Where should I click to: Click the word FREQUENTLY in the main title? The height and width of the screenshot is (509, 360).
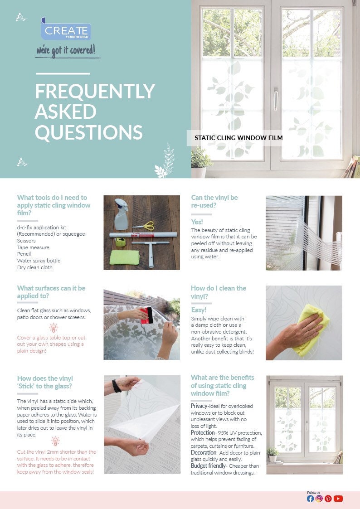click(95, 92)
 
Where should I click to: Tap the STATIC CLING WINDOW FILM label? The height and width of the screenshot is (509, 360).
click(238, 138)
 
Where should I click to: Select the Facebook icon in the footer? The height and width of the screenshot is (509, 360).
click(310, 499)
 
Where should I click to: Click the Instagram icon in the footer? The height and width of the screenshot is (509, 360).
click(319, 499)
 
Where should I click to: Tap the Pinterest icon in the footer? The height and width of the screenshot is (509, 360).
click(328, 499)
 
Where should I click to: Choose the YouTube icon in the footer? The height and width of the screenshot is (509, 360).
click(338, 499)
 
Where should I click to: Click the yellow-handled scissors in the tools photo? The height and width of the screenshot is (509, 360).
click(144, 225)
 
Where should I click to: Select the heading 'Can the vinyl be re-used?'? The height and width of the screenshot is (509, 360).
click(214, 201)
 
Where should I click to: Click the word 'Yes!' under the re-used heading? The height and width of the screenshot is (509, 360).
click(197, 222)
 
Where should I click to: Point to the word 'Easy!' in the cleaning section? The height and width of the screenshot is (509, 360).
click(199, 310)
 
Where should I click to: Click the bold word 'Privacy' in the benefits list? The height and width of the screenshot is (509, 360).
click(199, 406)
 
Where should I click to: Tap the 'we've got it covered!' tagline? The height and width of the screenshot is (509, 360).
click(66, 50)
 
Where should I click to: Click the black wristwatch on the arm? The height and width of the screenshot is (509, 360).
click(117, 386)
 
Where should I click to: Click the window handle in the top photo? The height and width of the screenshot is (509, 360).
click(275, 99)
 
